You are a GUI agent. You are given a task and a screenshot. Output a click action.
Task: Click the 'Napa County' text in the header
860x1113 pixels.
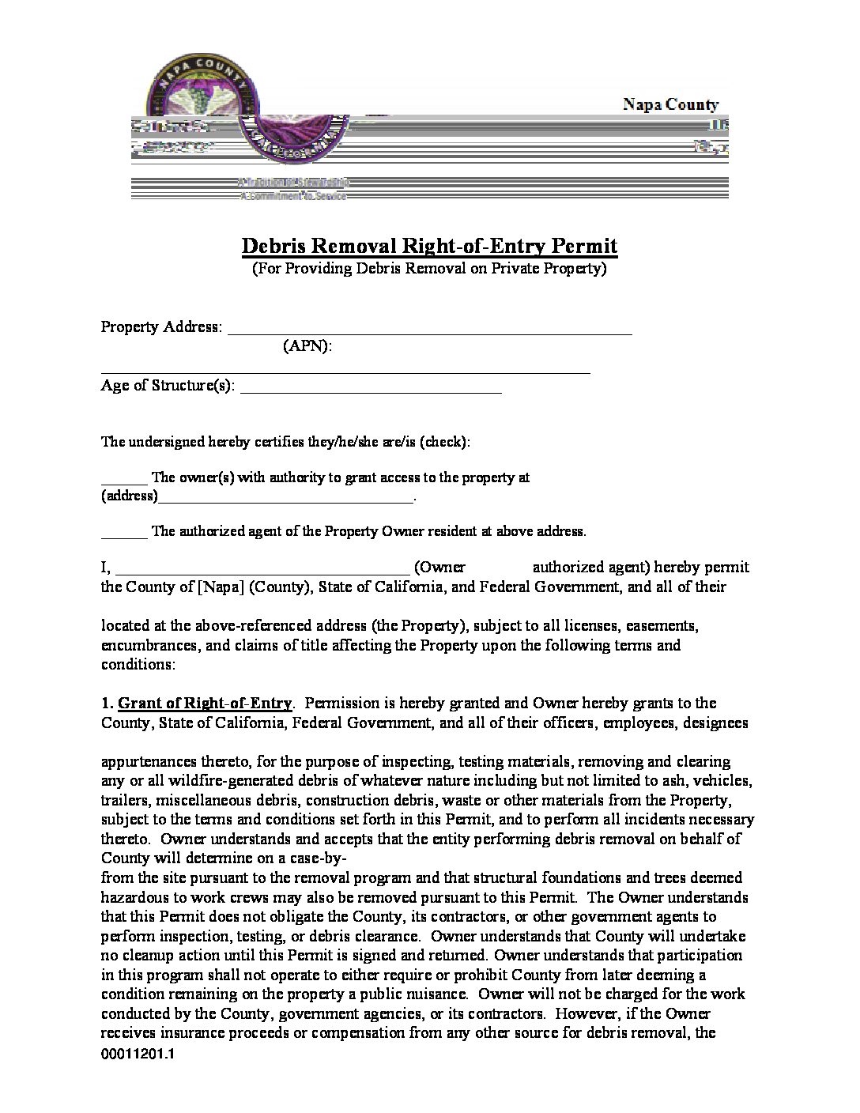pyautogui.click(x=670, y=104)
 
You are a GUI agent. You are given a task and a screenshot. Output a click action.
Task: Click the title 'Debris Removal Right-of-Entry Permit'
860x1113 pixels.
pyautogui.click(x=429, y=246)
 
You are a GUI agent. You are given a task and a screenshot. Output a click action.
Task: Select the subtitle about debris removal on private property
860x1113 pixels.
pyautogui.click(x=429, y=269)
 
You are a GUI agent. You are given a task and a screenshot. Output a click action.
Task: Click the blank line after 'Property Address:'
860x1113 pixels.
pyautogui.click(x=430, y=330)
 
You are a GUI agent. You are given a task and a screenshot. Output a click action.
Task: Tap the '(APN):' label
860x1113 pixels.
pyautogui.click(x=307, y=346)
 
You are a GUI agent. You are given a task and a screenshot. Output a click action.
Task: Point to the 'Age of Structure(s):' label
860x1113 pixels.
pyautogui.click(x=168, y=386)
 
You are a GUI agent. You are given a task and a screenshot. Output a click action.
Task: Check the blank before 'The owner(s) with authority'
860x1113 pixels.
pyautogui.click(x=123, y=479)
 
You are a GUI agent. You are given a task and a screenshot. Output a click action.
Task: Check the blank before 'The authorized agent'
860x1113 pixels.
pyautogui.click(x=123, y=533)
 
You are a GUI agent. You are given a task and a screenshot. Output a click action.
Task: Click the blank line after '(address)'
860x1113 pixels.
pyautogui.click(x=285, y=498)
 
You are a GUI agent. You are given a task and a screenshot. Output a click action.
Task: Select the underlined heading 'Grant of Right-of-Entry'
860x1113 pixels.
pyautogui.click(x=205, y=703)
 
